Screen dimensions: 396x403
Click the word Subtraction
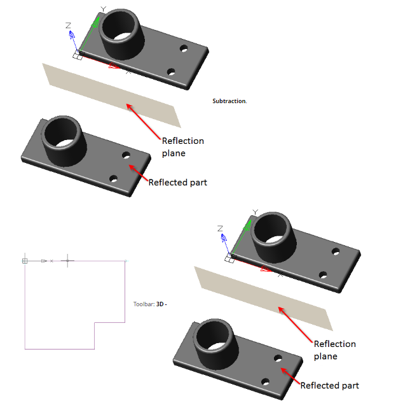229,101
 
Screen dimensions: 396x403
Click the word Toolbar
144,304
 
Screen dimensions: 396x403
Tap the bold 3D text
160,304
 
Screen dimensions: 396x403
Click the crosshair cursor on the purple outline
67,260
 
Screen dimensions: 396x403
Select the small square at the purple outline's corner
25,261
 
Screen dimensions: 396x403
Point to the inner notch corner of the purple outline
95,322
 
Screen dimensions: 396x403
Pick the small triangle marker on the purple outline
44,261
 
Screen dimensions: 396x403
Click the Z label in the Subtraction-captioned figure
68,25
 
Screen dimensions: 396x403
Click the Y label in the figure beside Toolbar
255,212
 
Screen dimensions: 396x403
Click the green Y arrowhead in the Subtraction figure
95,23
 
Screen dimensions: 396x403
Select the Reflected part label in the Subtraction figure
177,183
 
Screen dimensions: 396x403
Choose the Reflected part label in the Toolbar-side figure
329,386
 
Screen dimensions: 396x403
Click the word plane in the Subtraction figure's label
174,153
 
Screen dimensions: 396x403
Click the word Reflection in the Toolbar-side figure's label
335,344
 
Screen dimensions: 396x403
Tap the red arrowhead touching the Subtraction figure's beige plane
129,107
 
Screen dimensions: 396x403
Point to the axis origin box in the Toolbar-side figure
229,258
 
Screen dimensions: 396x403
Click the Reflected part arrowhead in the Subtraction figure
132,168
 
